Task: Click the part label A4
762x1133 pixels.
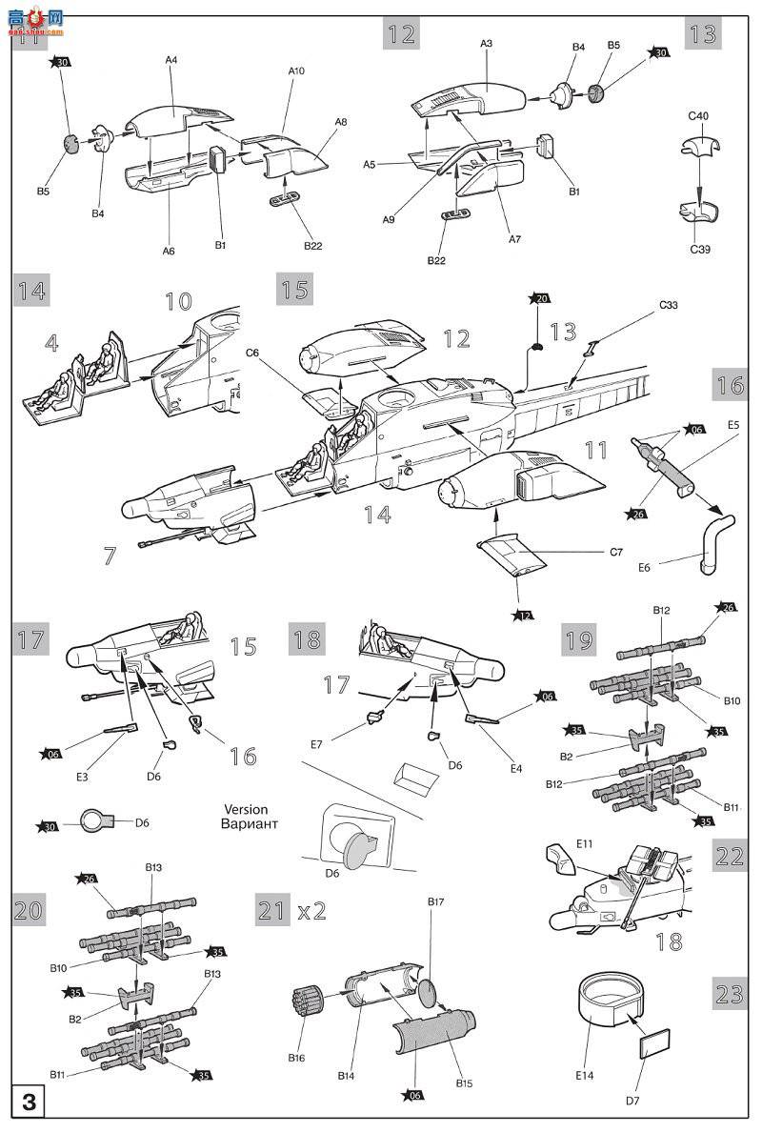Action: pyautogui.click(x=171, y=60)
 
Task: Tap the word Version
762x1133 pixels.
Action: pyautogui.click(x=246, y=809)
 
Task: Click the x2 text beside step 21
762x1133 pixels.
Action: pyautogui.click(x=311, y=911)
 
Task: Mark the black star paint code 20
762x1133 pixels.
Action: pyautogui.click(x=541, y=298)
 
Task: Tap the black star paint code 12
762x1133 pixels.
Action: pyautogui.click(x=524, y=616)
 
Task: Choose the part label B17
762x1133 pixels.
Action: pyautogui.click(x=436, y=901)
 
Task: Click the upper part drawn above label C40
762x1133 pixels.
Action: pyautogui.click(x=700, y=146)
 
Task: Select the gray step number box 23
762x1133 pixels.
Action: pyautogui.click(x=730, y=994)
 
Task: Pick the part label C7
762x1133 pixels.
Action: pyautogui.click(x=615, y=552)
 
